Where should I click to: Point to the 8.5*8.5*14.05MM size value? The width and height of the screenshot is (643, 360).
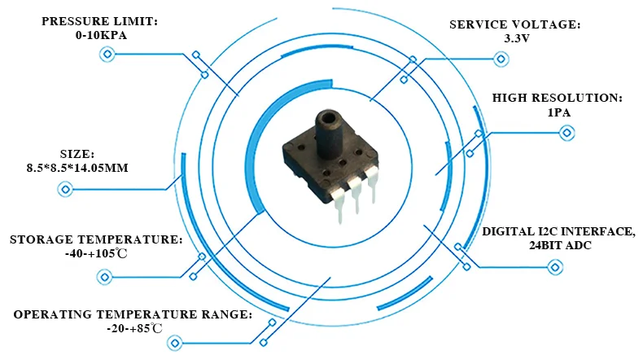[72, 168]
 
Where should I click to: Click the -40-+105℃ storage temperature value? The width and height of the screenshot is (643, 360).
[95, 254]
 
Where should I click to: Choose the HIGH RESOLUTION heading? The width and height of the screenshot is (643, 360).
[558, 98]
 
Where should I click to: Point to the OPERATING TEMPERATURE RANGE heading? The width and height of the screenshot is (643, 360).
[133, 314]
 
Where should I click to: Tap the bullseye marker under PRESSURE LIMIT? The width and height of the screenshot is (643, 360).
[106, 55]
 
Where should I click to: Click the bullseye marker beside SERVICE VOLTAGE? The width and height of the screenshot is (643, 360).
[499, 59]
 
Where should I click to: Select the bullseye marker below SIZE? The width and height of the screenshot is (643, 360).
[66, 190]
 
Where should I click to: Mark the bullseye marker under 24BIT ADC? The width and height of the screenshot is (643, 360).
[556, 267]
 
